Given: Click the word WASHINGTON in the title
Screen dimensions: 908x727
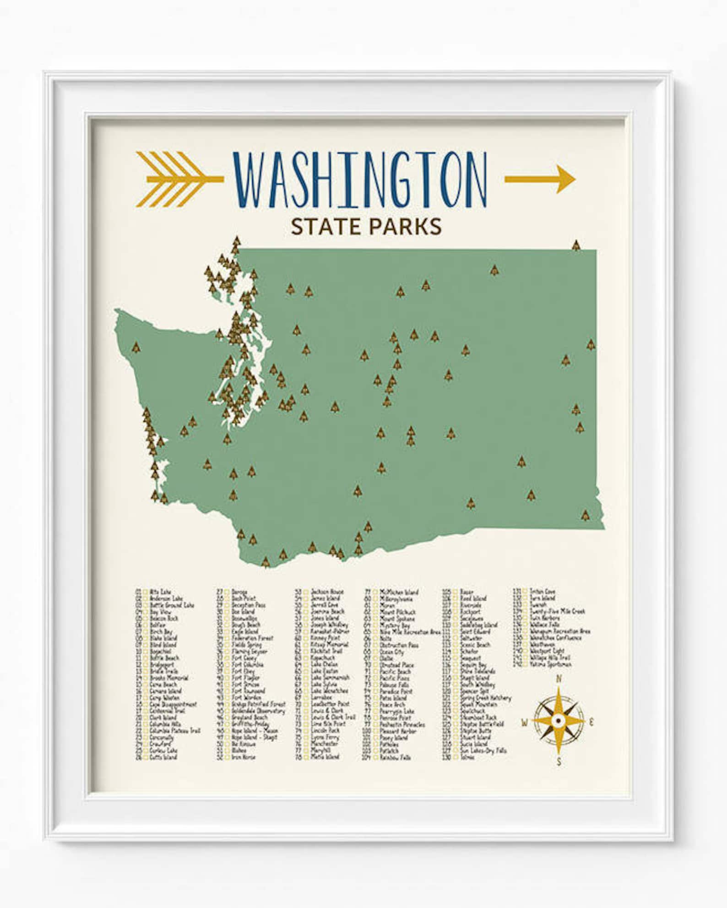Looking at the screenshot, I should tap(360, 179).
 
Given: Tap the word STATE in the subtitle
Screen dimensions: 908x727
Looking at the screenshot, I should tap(324, 227).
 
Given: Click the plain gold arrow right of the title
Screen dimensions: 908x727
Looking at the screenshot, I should tap(540, 179).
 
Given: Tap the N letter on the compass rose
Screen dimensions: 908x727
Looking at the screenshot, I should tap(558, 680).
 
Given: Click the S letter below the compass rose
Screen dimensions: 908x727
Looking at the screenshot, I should tap(559, 762).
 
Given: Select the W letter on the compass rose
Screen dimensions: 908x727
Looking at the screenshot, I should tap(524, 723).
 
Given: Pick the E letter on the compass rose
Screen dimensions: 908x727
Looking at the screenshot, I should tap(591, 723).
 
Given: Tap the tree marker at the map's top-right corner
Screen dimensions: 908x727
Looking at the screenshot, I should tap(576, 245).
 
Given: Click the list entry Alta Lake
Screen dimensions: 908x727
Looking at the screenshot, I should tap(160, 592).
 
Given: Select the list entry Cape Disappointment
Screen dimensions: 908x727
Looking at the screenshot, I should tap(173, 704).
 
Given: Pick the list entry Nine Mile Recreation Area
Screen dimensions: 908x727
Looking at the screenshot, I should tap(410, 632).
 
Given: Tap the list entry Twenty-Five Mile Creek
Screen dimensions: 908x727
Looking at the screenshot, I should tap(557, 611).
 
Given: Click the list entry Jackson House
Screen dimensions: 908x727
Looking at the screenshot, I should tap(327, 592).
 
